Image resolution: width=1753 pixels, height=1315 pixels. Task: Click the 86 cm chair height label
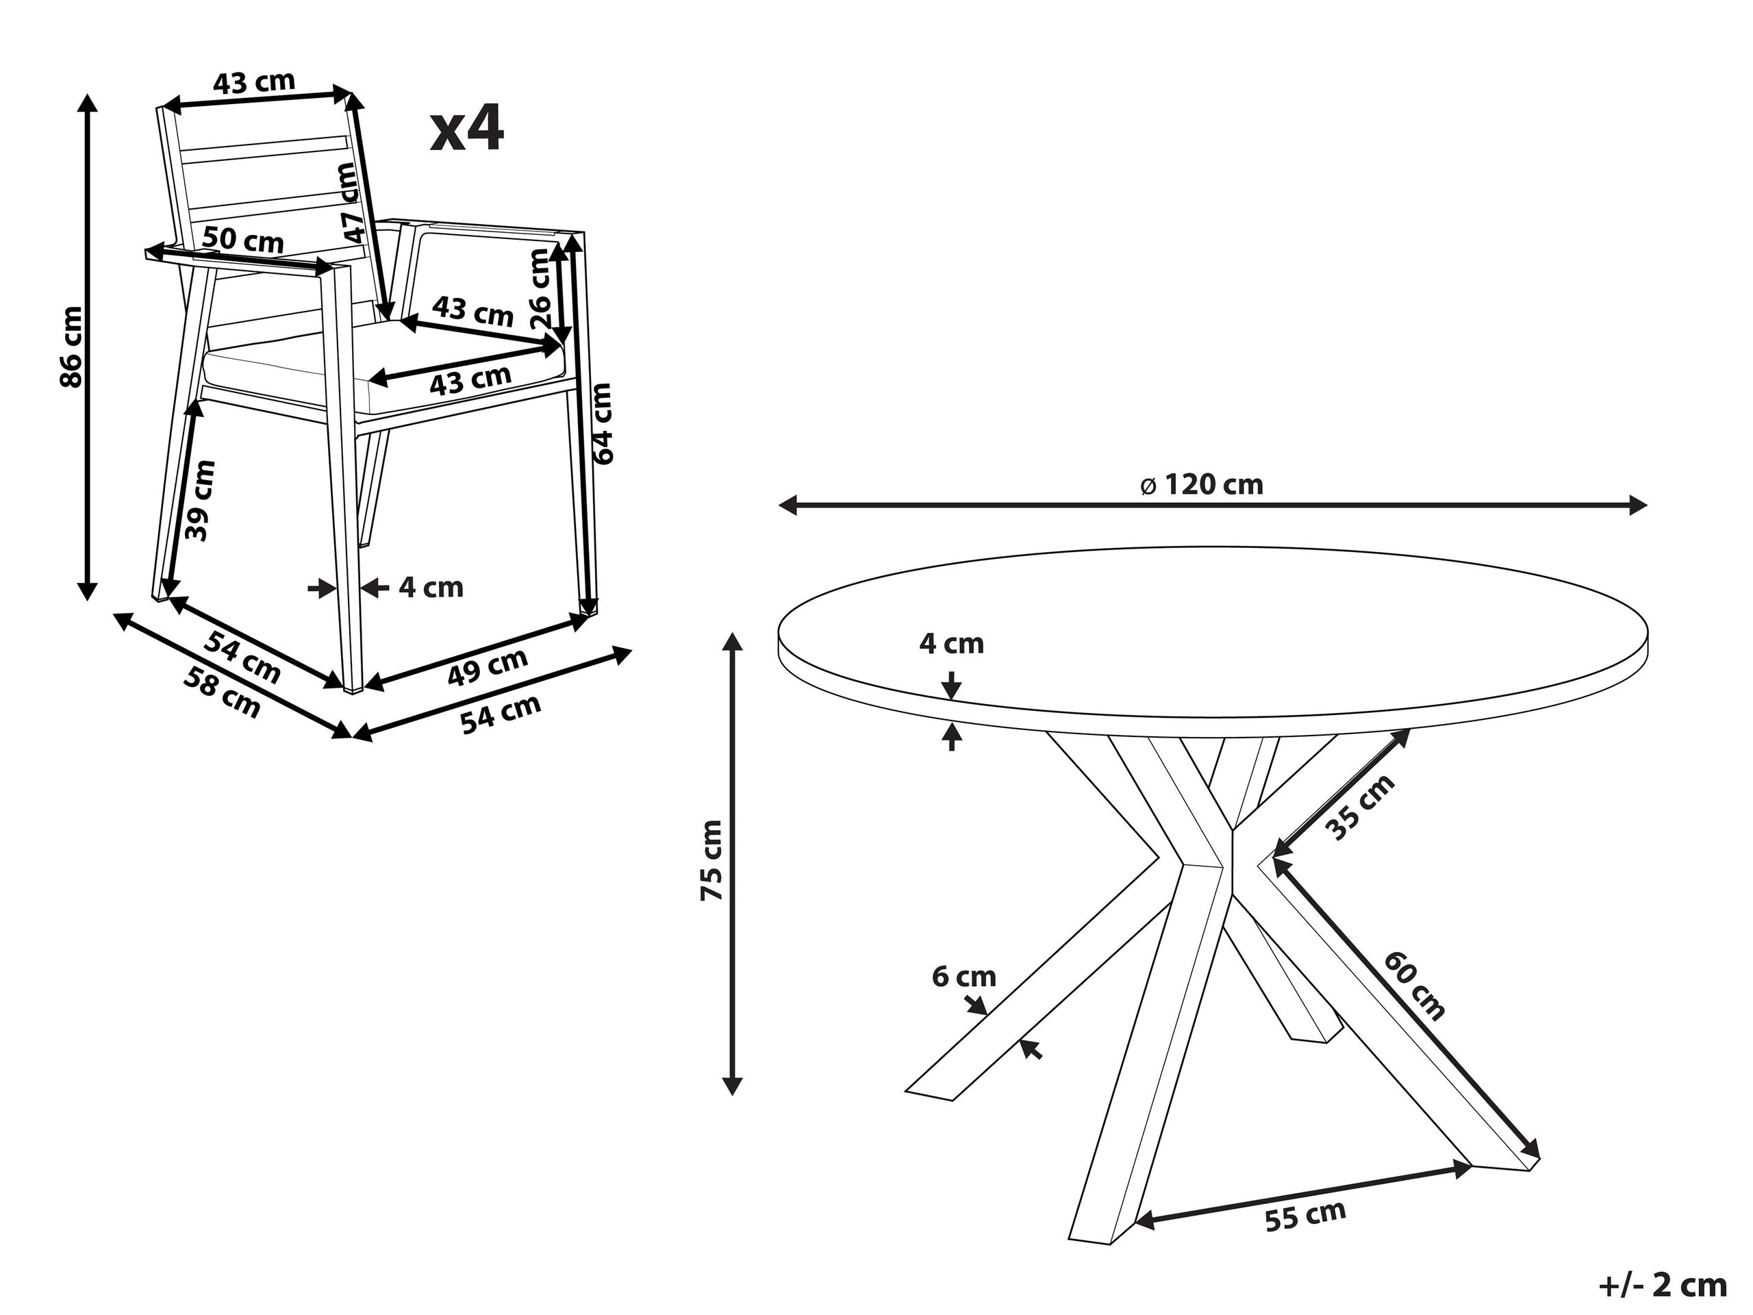(71, 347)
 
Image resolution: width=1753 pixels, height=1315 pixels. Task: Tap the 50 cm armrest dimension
(242, 240)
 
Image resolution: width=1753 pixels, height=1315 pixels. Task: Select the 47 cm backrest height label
(349, 203)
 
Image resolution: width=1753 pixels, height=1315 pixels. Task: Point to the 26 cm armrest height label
(540, 288)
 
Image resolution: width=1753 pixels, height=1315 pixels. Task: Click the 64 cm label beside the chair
(603, 423)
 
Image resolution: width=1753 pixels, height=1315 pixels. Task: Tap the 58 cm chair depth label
(222, 692)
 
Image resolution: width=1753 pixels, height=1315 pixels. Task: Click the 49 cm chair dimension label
(488, 666)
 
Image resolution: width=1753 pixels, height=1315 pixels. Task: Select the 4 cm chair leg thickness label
(430, 588)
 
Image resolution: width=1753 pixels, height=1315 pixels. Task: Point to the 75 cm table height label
(711, 861)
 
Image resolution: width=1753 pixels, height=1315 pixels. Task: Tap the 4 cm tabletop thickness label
(951, 644)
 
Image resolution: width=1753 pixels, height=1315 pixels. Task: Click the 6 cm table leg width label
(963, 977)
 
